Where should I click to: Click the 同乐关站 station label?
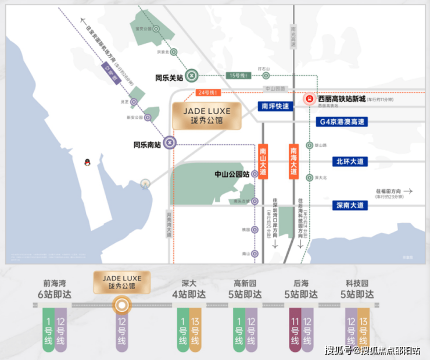(169, 76)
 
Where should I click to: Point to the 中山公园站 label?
(232, 174)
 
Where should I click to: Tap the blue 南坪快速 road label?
(274, 106)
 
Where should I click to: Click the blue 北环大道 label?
(350, 161)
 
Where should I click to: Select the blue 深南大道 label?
(350, 205)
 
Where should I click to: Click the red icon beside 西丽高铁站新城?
(310, 99)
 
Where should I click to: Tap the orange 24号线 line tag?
(206, 92)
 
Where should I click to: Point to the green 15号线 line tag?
(238, 76)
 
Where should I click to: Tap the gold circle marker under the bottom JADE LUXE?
(121, 304)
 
